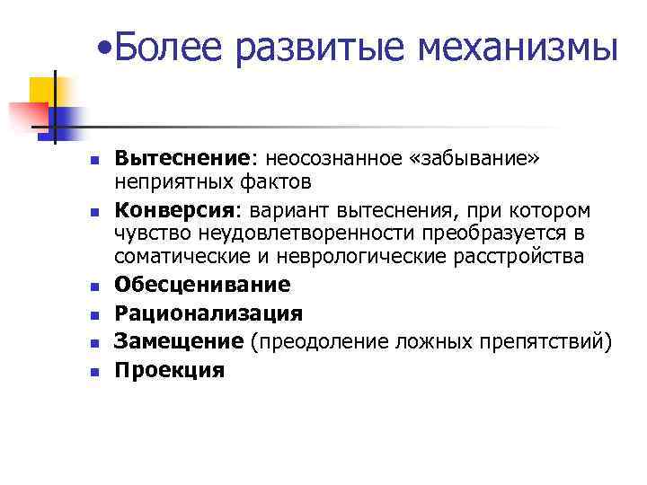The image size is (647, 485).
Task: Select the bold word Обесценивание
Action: pos(202,285)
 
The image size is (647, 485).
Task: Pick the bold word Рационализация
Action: pos(208,313)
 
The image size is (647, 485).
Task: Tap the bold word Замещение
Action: pos(178,341)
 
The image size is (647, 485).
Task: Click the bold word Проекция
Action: pos(169,370)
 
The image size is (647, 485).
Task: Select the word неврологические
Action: pos(334,258)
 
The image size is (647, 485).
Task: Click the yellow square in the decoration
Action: pos(43,91)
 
